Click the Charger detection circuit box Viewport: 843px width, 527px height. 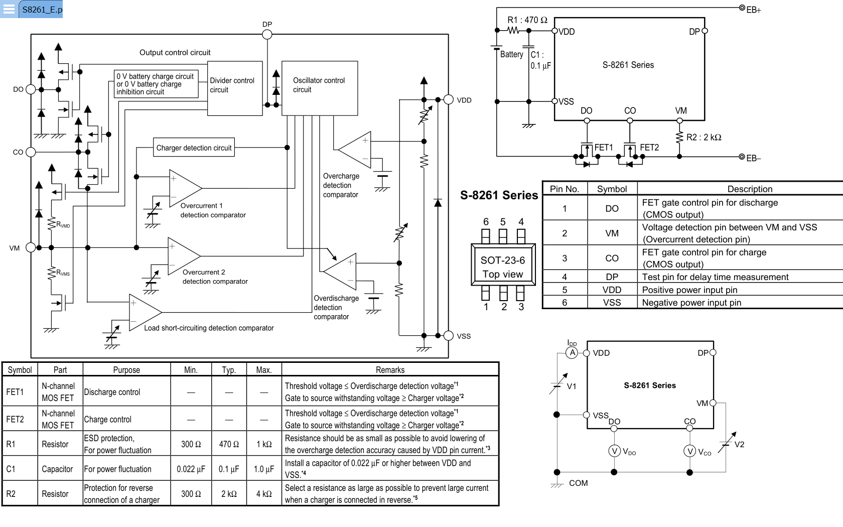pos(194,148)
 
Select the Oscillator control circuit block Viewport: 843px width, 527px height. pos(320,88)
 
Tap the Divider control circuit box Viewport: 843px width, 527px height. pos(235,88)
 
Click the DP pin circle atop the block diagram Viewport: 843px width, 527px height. pos(267,35)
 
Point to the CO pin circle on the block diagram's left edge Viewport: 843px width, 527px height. pos(31,152)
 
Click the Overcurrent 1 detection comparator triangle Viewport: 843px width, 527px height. pos(185,188)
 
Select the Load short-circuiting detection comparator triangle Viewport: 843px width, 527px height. pos(146,312)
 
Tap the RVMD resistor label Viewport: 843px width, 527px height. pos(63,225)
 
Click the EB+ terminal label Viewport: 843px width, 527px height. pos(754,10)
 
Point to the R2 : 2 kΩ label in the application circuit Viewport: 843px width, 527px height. pos(704,138)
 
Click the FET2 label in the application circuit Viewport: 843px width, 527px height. pos(649,148)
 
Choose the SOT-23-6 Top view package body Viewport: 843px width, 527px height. pos(503,265)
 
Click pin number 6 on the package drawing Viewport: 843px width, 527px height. pos(486,222)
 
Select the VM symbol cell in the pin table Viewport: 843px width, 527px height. pos(612,233)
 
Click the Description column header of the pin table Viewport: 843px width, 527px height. pos(750,189)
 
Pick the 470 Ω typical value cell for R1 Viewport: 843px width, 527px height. pos(229,444)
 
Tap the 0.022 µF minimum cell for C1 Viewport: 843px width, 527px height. pos(191,469)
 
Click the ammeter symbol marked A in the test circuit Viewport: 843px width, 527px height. pos(572,353)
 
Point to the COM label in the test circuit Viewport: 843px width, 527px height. pos(579,483)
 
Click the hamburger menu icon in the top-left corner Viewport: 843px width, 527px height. pos(9,9)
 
